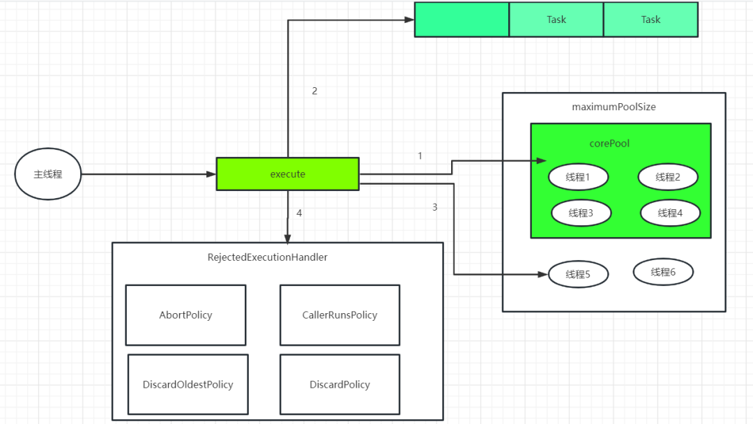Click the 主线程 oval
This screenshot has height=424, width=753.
click(x=48, y=174)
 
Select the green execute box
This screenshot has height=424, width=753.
click(x=287, y=174)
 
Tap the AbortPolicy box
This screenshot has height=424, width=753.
click(x=185, y=315)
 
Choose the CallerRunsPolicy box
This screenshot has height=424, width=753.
click(x=340, y=315)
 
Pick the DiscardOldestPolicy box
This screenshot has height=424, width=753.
click(x=188, y=384)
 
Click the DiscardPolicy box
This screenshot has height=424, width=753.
click(x=340, y=384)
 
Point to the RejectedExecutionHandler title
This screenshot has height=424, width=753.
click(x=268, y=257)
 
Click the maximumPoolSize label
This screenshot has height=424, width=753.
click(x=614, y=107)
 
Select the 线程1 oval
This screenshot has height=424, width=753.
click(x=578, y=177)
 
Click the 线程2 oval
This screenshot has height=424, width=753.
click(x=667, y=177)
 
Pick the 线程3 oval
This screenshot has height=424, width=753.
click(x=581, y=213)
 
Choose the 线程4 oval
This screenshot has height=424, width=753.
click(x=670, y=213)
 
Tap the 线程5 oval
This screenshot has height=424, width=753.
click(x=578, y=274)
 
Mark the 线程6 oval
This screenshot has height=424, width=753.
click(x=663, y=272)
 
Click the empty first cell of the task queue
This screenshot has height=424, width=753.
click(x=462, y=20)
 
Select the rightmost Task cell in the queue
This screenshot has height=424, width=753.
click(x=651, y=20)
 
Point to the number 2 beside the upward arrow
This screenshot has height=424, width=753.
click(x=314, y=91)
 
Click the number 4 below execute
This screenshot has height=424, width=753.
click(x=299, y=213)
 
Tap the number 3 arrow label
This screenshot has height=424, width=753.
click(x=434, y=207)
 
